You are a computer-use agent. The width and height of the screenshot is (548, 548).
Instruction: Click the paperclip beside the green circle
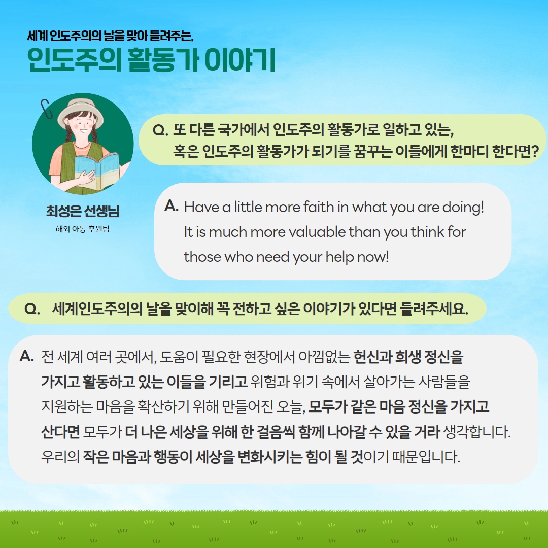click(46, 109)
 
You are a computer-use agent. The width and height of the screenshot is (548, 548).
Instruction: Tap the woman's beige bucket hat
click(81, 111)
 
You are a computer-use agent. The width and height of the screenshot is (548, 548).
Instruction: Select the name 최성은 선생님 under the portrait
click(83, 211)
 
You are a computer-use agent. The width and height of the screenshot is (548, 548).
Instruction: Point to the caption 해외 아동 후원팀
click(83, 229)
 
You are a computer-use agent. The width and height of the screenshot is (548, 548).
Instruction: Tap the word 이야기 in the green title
click(240, 60)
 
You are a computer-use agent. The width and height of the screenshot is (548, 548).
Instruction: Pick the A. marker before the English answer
click(172, 205)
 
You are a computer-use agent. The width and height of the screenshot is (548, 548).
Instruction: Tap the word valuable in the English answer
click(317, 232)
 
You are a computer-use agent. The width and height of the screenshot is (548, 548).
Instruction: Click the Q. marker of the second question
click(32, 309)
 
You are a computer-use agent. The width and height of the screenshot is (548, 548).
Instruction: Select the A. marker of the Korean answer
click(27, 356)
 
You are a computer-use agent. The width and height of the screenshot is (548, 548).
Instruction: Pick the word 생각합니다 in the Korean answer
click(476, 432)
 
